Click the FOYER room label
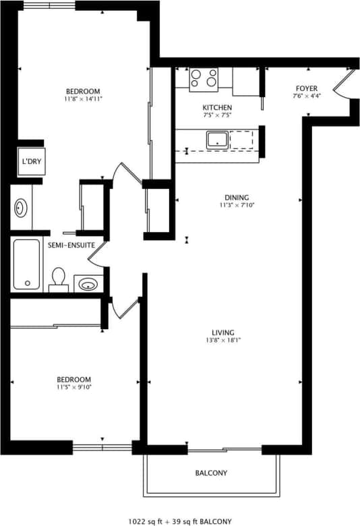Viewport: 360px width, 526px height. pyautogui.click(x=307, y=88)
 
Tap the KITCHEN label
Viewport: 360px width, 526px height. pyautogui.click(x=217, y=108)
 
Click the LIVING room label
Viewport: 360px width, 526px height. pyautogui.click(x=222, y=332)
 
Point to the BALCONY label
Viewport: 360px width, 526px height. pyautogui.click(x=211, y=473)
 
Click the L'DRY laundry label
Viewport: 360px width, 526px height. pyautogui.click(x=29, y=163)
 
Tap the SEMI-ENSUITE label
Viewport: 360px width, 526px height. pyautogui.click(x=71, y=245)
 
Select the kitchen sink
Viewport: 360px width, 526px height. pyautogui.click(x=217, y=140)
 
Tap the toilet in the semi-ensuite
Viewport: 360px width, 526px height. pyautogui.click(x=59, y=278)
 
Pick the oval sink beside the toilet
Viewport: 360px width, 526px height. pyautogui.click(x=88, y=285)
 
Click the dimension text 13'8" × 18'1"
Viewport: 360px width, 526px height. pyautogui.click(x=222, y=340)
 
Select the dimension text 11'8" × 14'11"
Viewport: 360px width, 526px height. pyautogui.click(x=83, y=99)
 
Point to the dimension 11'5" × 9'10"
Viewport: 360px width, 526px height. pyautogui.click(x=74, y=387)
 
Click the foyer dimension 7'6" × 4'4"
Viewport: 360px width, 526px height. pyautogui.click(x=307, y=96)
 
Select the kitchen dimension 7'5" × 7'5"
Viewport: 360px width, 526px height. pyautogui.click(x=217, y=115)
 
